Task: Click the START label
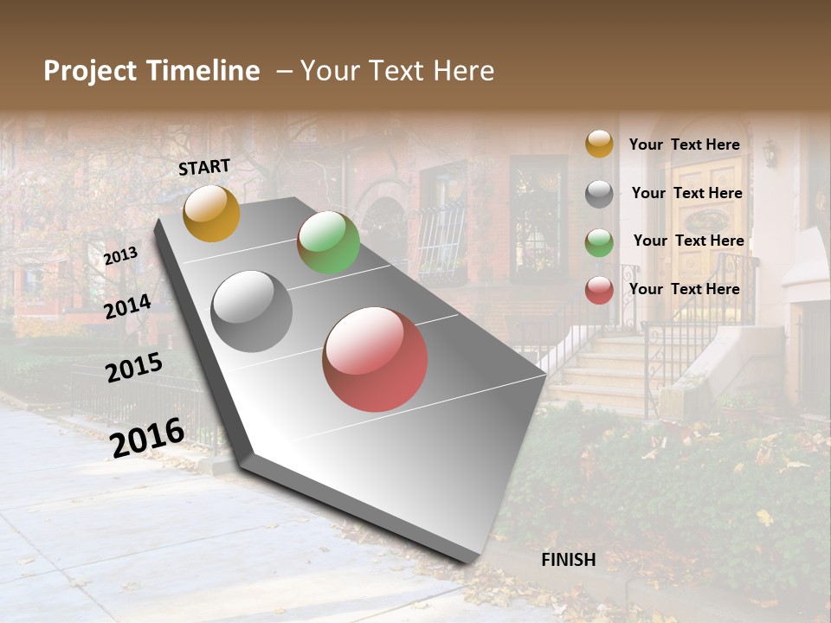click(x=204, y=167)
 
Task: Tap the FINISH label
click(x=569, y=560)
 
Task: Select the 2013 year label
click(x=120, y=255)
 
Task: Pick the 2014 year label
click(x=128, y=306)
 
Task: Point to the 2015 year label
click(x=134, y=367)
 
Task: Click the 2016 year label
click(x=147, y=437)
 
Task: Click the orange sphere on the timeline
click(x=211, y=213)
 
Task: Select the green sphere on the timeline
click(x=328, y=242)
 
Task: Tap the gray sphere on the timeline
click(x=252, y=311)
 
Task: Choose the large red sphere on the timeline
click(x=375, y=359)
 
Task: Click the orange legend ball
click(x=599, y=145)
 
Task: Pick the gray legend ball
click(x=599, y=194)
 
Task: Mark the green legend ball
click(x=599, y=242)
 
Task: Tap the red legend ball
click(x=599, y=290)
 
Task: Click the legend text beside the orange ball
click(x=685, y=145)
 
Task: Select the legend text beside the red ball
click(x=685, y=289)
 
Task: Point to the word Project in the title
click(x=89, y=71)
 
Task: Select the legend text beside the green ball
click(x=688, y=241)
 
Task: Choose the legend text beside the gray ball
click(x=686, y=193)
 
